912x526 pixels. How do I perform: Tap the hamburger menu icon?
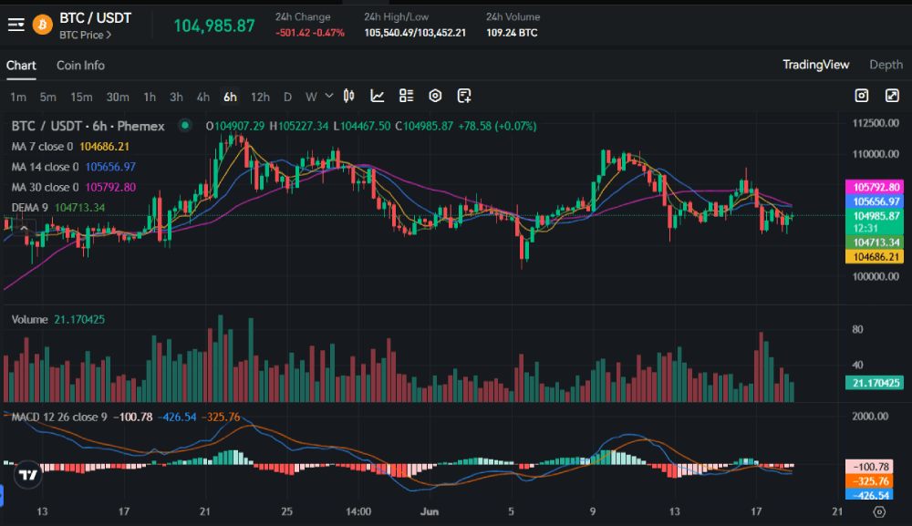point(16,25)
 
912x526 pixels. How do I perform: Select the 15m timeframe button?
point(81,97)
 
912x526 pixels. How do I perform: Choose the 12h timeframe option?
point(260,97)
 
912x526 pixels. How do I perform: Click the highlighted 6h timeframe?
point(230,97)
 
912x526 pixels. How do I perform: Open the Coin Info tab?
point(80,66)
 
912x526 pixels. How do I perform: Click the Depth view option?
point(886,65)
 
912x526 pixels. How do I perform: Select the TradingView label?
point(815,65)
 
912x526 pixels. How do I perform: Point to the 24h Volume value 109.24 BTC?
point(512,33)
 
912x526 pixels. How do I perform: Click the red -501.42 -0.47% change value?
point(310,33)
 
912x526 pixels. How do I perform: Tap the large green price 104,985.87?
point(214,26)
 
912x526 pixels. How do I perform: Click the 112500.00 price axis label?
point(869,123)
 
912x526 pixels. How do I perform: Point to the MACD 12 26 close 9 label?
point(59,418)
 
